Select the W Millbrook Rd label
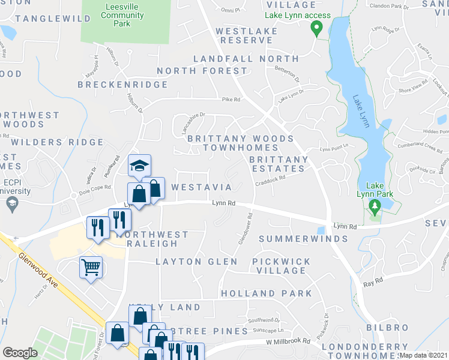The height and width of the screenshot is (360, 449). [x=288, y=341]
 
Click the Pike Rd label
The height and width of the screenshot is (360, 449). [x=231, y=100]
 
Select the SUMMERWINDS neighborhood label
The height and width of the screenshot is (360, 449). [x=303, y=239]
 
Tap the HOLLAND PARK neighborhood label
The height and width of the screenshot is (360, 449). [x=267, y=293]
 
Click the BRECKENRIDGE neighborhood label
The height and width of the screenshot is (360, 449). [x=122, y=85]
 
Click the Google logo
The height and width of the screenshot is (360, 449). [x=20, y=352]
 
